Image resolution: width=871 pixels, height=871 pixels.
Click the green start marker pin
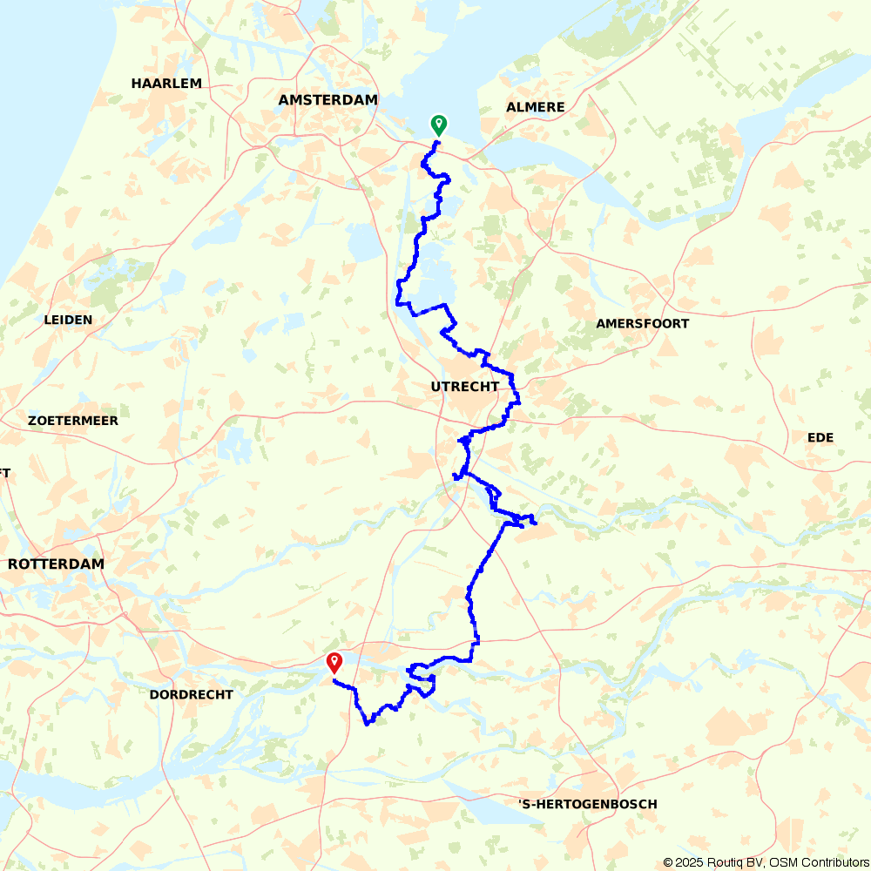pyautogui.click(x=438, y=125)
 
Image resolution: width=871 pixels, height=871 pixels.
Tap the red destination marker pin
pyautogui.click(x=334, y=663)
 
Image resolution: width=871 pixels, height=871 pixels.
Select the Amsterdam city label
pyautogui.click(x=327, y=100)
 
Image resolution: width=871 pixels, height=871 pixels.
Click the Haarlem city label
pyautogui.click(x=166, y=84)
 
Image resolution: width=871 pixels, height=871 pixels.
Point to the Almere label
pyautogui.click(x=535, y=107)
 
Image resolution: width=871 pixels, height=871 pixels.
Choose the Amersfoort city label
pyautogui.click(x=642, y=324)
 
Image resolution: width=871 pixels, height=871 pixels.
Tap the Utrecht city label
pyautogui.click(x=465, y=387)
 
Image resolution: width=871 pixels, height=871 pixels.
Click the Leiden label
pyautogui.click(x=68, y=321)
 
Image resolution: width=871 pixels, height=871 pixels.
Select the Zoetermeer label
pyautogui.click(x=73, y=421)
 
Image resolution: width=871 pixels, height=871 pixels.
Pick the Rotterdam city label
pyautogui.click(x=56, y=564)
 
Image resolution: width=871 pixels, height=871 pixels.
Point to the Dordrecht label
pyautogui.click(x=191, y=695)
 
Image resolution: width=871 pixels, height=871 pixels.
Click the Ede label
pyautogui.click(x=820, y=438)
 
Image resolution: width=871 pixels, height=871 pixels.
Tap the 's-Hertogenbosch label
pyautogui.click(x=587, y=804)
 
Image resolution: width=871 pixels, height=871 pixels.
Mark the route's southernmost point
pyautogui.click(x=367, y=724)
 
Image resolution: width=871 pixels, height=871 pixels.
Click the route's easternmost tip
pyautogui.click(x=535, y=523)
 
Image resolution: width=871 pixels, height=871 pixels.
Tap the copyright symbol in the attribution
pyautogui.click(x=668, y=862)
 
